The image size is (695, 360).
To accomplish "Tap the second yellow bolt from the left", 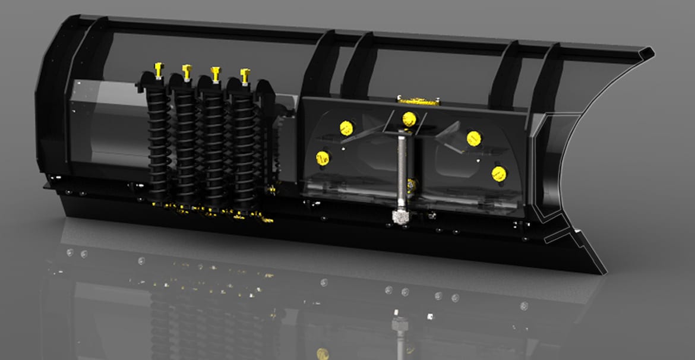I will click(x=187, y=72).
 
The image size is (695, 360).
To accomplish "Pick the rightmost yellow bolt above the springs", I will click(x=245, y=75).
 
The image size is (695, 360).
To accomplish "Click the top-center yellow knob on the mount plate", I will click(x=409, y=119).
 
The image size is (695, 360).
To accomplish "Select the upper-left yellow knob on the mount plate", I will click(x=346, y=127).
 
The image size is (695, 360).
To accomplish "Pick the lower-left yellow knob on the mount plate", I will click(x=323, y=157).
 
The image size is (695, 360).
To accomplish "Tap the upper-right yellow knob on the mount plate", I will click(x=473, y=138).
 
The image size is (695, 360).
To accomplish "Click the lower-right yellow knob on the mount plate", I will click(x=499, y=173).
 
